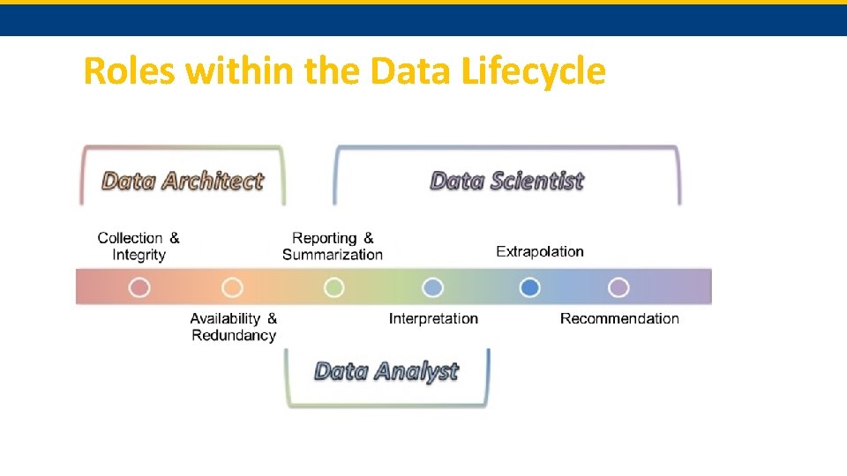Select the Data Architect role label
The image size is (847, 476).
[183, 182]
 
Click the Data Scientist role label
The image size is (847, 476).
[506, 182]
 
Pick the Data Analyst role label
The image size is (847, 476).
[386, 371]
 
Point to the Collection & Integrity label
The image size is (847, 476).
[139, 246]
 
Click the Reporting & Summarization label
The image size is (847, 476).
[333, 246]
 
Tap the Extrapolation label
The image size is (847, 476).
[540, 251]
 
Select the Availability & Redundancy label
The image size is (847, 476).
[234, 326]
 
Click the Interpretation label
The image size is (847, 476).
[433, 318]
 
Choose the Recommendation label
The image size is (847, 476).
[619, 318]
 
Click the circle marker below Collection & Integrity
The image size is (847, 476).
[139, 287]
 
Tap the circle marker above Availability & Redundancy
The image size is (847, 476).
[232, 287]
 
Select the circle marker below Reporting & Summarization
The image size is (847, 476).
[334, 287]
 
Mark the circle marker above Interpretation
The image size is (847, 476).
[432, 287]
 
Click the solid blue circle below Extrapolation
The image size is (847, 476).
[529, 287]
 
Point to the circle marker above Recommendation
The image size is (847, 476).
[618, 287]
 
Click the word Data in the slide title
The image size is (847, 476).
[412, 71]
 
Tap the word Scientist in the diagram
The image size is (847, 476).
[537, 182]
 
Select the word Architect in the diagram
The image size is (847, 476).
[212, 182]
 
